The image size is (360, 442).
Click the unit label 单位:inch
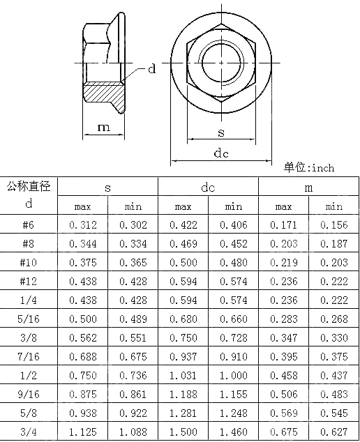coord(309,167)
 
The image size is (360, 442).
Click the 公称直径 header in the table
coord(29,186)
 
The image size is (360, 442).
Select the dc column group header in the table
coord(208,188)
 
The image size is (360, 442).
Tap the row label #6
coord(29,224)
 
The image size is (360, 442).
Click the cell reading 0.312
coord(83,224)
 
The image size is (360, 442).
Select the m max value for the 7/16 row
coord(283,356)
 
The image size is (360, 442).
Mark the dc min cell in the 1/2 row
coord(233,375)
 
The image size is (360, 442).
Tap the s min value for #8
coord(133,243)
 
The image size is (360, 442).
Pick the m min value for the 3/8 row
coord(333,337)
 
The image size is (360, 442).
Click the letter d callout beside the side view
coord(151,69)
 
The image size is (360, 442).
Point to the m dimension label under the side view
coord(103,127)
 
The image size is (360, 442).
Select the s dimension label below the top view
coord(220,132)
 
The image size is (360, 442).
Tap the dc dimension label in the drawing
coord(221,153)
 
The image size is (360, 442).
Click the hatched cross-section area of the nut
coord(105,91)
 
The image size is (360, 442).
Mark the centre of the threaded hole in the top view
coord(221,63)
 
